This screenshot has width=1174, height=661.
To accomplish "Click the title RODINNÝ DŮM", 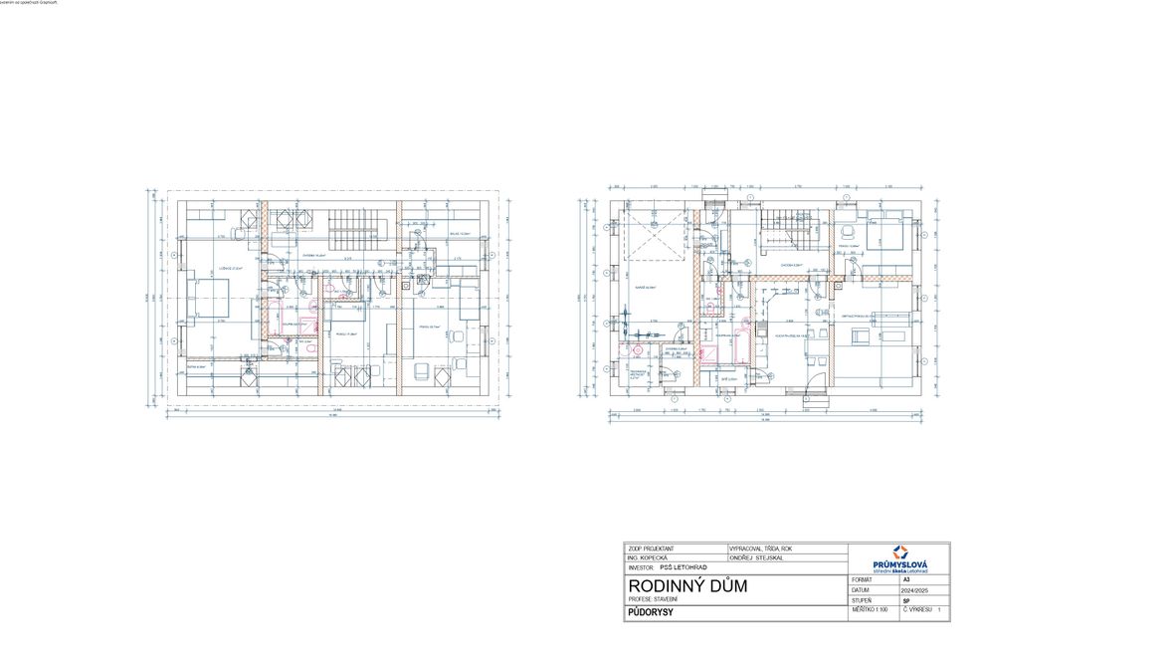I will click(x=687, y=585).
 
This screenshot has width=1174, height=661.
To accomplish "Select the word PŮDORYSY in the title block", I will click(x=652, y=613).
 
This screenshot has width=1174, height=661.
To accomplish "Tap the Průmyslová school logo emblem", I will click(x=900, y=552).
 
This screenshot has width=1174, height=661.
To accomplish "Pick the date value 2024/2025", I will click(x=904, y=589).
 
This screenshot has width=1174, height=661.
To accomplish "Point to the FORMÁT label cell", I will click(x=863, y=578).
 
